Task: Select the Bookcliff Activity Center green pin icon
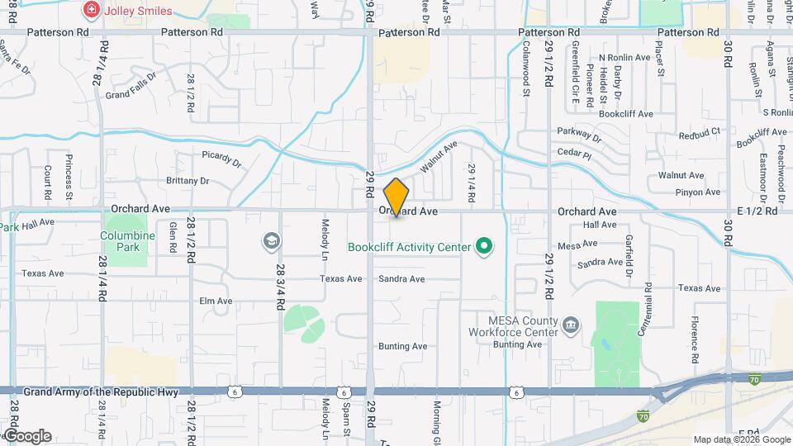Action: pyautogui.click(x=485, y=246)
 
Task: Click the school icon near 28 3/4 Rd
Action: pyautogui.click(x=270, y=241)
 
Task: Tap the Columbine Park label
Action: pyautogui.click(x=128, y=241)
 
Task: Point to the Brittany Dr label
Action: pyautogui.click(x=188, y=181)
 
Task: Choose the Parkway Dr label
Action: pyautogui.click(x=579, y=134)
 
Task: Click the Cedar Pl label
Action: pyautogui.click(x=575, y=154)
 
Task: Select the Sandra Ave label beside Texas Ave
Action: pyautogui.click(x=401, y=279)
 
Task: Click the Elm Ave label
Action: pyautogui.click(x=216, y=301)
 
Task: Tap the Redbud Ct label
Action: pyautogui.click(x=700, y=132)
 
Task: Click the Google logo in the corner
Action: pyautogui.click(x=27, y=436)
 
